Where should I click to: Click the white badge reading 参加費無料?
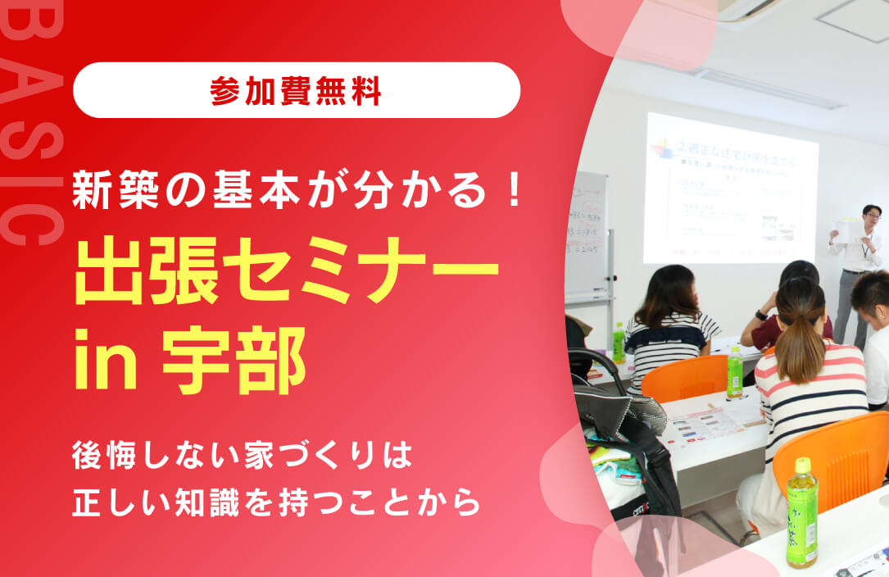(x=296, y=90)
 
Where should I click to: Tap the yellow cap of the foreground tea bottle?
(x=801, y=466)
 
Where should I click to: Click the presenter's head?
(x=871, y=216)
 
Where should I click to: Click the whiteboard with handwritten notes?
(x=587, y=238)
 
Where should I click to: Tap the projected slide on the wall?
(x=730, y=189)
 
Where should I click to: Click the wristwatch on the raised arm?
(x=761, y=315)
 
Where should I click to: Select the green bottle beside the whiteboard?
(x=619, y=343)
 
